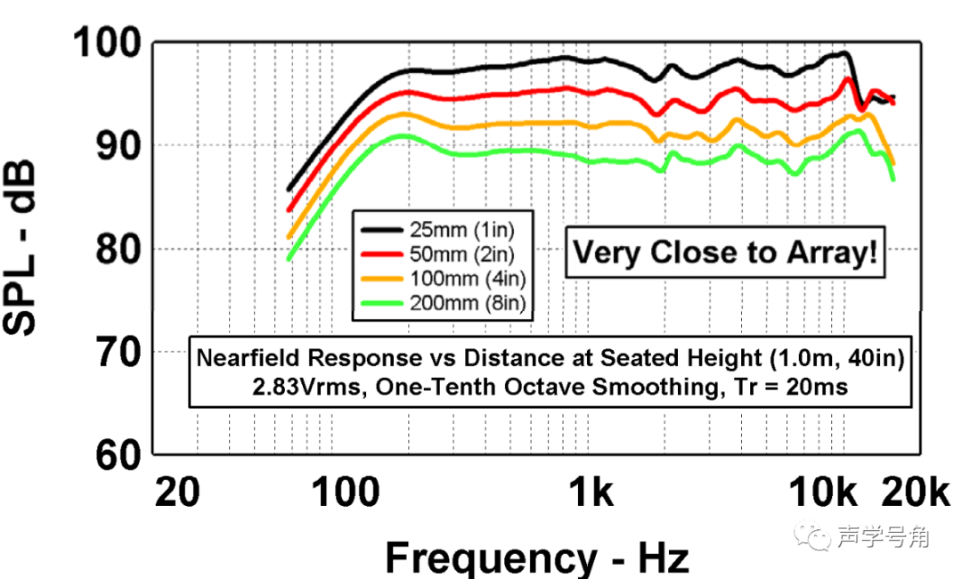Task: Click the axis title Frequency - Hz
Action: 537,558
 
